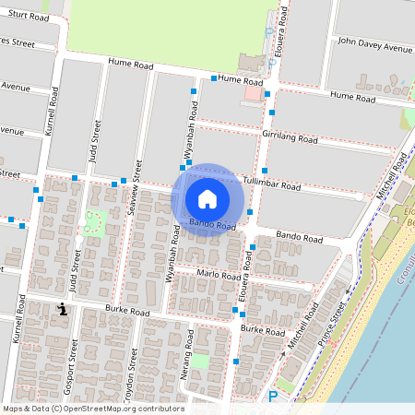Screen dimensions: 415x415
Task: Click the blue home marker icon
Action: [x=207, y=199]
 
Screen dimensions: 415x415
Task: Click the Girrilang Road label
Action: [x=289, y=137]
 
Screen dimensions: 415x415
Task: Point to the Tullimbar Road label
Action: [x=271, y=184]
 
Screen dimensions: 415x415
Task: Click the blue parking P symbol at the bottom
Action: [x=272, y=397]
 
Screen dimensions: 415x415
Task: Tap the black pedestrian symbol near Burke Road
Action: [x=62, y=309]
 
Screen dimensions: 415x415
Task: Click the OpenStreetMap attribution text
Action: [x=92, y=409]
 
